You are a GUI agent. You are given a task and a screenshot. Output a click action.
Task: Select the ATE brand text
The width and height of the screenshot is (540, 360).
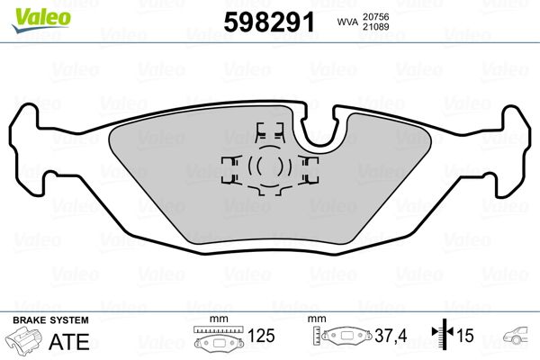pyautogui.click(x=73, y=341)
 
